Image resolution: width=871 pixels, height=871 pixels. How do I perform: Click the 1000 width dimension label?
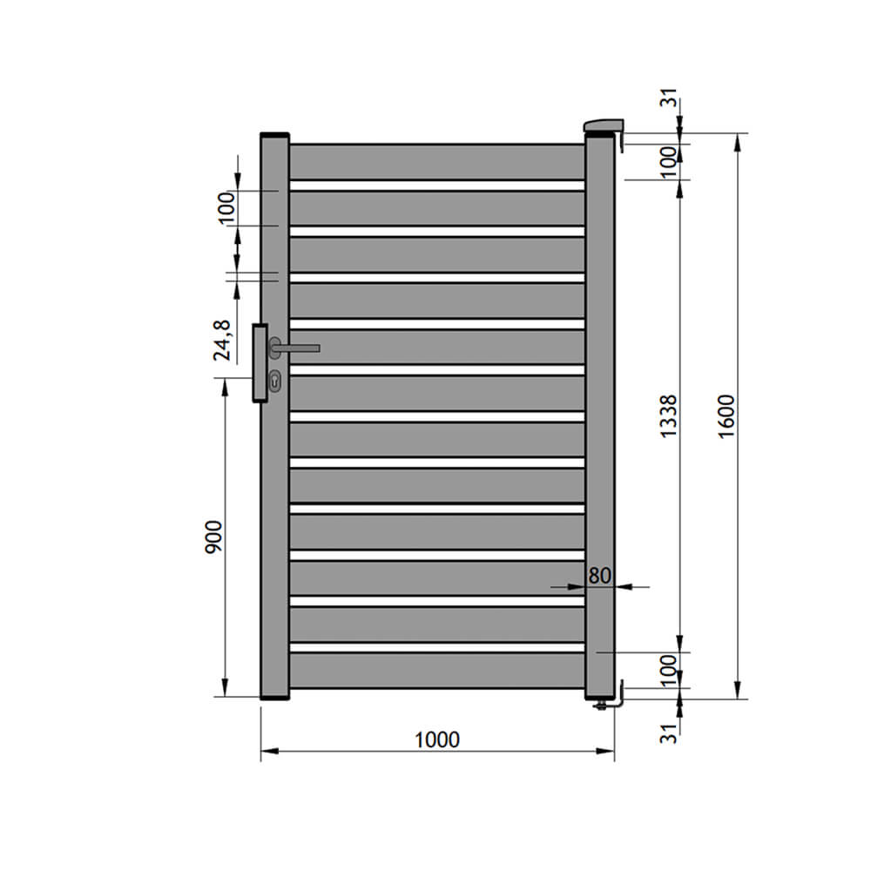[436, 739]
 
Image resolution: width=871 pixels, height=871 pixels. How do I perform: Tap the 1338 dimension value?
[668, 416]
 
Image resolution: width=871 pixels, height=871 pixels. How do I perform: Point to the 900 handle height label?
[215, 537]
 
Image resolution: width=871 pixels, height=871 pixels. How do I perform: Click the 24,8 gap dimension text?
[222, 340]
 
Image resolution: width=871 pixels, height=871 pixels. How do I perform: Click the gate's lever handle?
[296, 348]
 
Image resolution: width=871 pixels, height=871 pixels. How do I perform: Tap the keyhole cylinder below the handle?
[275, 380]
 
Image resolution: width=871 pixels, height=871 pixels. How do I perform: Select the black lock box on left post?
[260, 363]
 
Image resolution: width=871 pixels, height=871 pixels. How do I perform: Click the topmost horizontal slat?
[436, 162]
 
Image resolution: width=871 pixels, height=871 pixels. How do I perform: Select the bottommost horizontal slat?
[436, 670]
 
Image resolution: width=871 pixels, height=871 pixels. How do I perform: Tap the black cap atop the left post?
[274, 135]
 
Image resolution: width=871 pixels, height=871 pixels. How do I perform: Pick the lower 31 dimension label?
[668, 733]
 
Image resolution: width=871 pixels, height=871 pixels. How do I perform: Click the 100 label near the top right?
[668, 162]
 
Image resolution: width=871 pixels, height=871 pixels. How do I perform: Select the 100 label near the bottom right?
[668, 670]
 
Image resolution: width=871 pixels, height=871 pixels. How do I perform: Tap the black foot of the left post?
[274, 697]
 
